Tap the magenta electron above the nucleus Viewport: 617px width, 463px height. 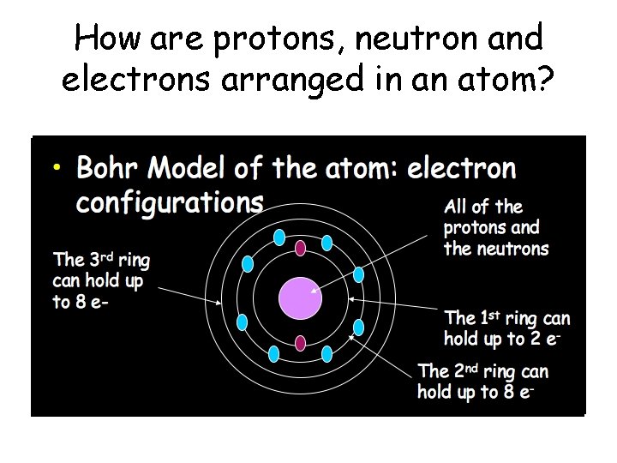301,249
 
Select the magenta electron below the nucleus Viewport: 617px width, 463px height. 301,344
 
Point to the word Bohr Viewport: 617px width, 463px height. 108,168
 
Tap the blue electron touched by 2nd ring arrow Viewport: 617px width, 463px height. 358,328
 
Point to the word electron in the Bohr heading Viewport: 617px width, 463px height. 462,168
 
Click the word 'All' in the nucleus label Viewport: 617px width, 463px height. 457,207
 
